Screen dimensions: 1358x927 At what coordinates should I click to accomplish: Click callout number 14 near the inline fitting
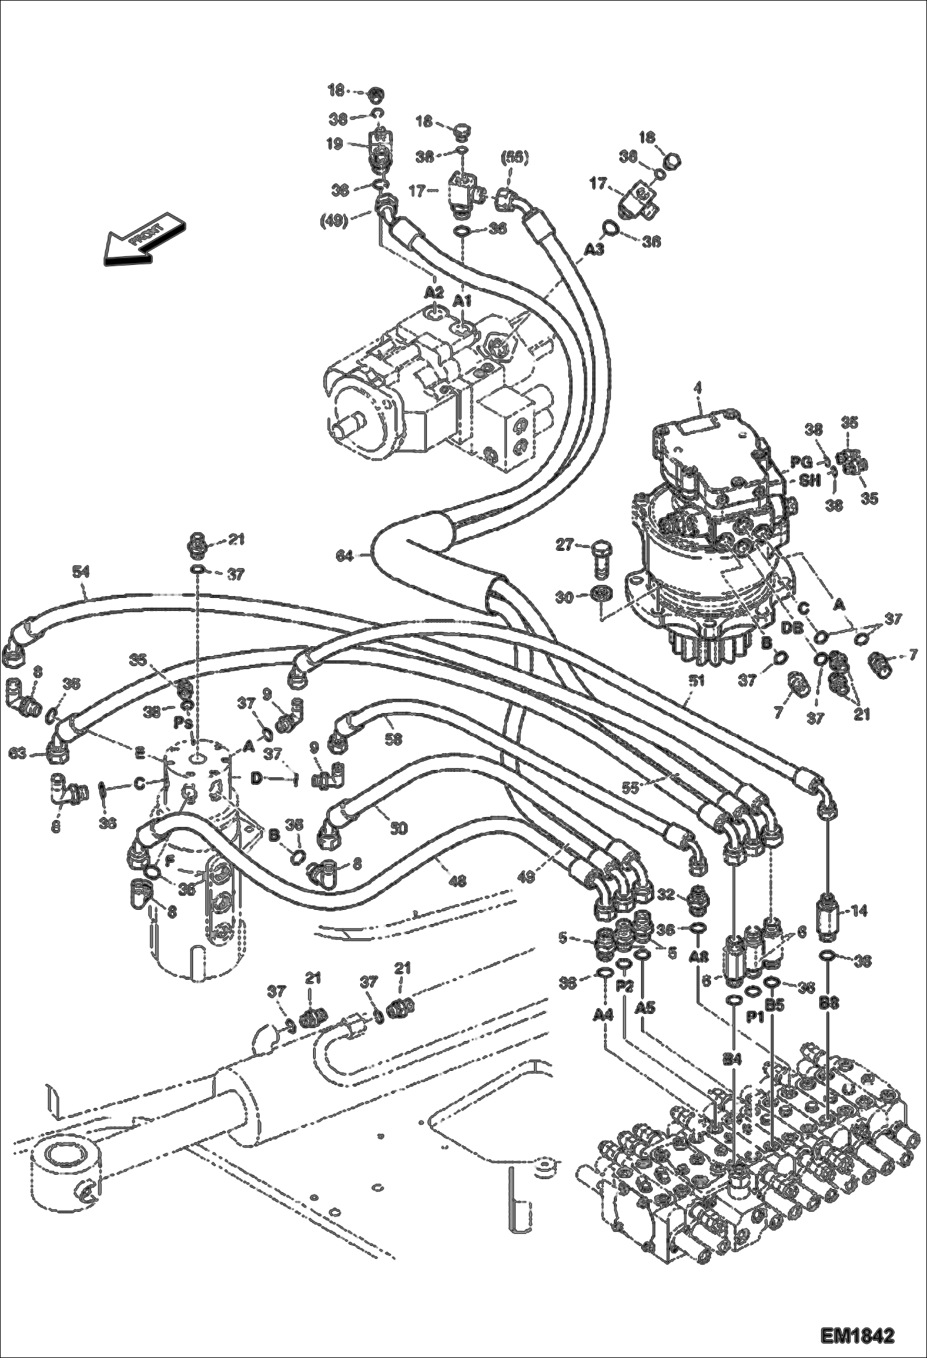[x=859, y=910]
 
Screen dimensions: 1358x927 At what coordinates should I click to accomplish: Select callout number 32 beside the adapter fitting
[x=664, y=894]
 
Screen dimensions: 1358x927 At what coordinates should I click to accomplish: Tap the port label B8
[x=830, y=1003]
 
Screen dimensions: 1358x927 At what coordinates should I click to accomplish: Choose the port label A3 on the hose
[x=594, y=249]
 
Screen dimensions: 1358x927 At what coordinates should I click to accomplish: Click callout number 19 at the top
[x=335, y=144]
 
